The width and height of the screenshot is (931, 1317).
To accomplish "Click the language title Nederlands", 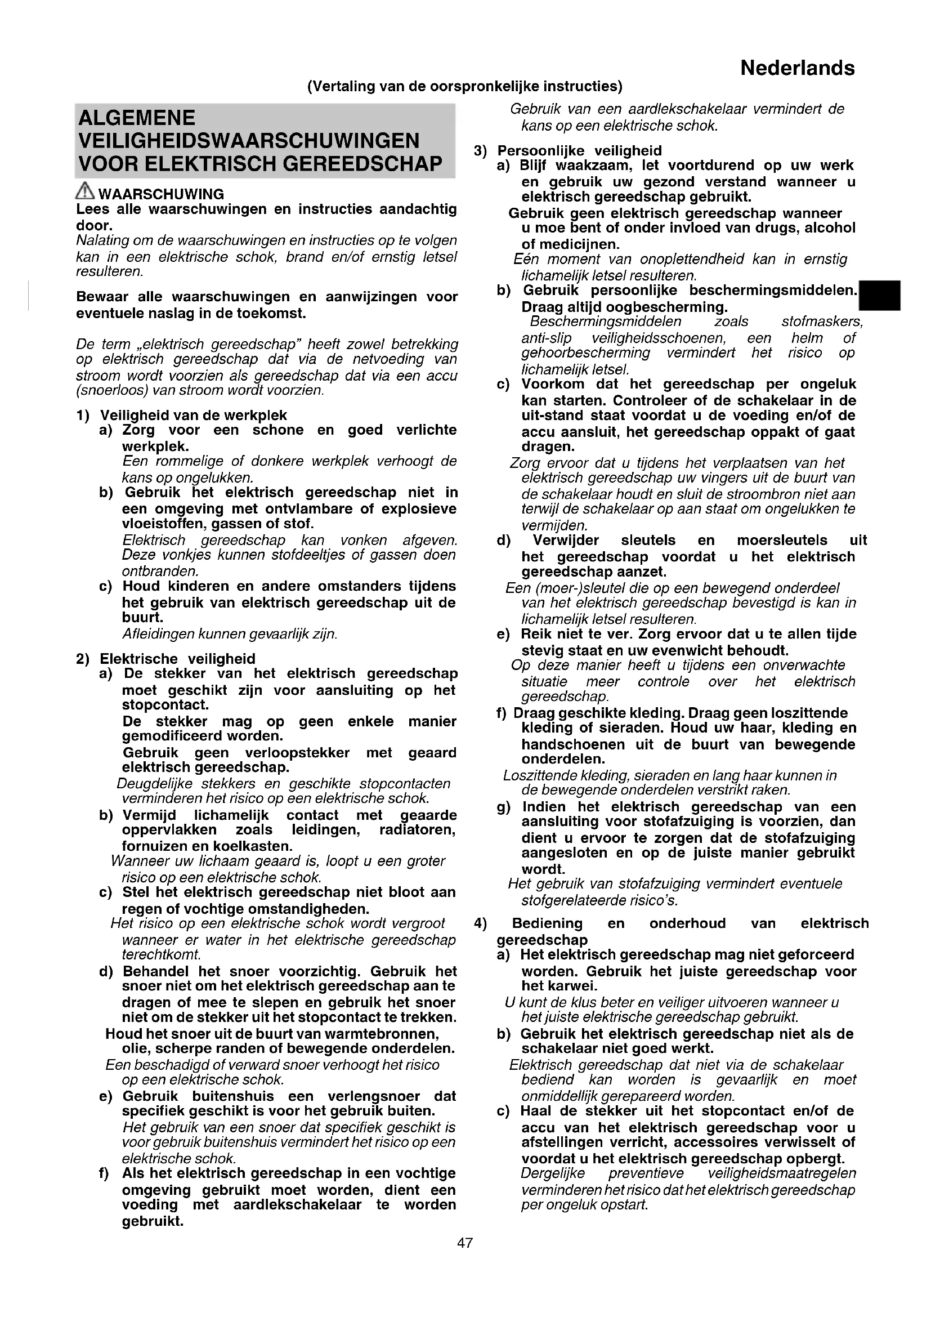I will (797, 68).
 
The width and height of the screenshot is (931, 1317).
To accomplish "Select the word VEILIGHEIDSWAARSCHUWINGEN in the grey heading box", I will (249, 141).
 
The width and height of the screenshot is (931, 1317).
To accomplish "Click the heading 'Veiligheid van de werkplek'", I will (193, 415).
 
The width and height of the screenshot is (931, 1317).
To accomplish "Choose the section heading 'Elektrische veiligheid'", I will (178, 659).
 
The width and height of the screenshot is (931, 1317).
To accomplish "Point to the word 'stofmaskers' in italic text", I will (821, 322).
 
